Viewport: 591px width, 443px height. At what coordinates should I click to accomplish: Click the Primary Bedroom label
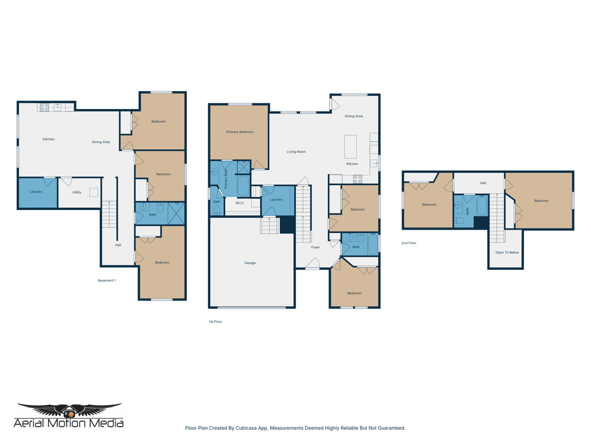click(x=240, y=132)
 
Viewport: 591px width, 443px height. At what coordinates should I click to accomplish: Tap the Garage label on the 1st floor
click(x=250, y=263)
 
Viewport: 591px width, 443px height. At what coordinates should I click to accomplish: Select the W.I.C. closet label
click(x=240, y=203)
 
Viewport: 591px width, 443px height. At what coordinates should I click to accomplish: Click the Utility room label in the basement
click(x=77, y=192)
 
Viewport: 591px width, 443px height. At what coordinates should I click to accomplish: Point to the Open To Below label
click(x=507, y=253)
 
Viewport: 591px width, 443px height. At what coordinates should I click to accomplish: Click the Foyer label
click(x=315, y=247)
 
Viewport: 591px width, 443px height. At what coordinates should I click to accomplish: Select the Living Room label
click(x=296, y=152)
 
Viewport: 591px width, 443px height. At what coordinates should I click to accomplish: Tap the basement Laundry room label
click(x=36, y=192)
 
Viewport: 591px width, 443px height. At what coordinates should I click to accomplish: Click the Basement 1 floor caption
click(x=107, y=280)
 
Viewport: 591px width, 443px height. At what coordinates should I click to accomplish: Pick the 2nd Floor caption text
click(x=409, y=243)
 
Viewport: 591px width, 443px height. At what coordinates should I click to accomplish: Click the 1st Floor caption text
click(x=215, y=321)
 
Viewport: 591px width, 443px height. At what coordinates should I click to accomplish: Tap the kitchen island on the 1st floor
click(x=350, y=147)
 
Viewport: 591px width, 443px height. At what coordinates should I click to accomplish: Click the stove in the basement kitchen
click(x=44, y=107)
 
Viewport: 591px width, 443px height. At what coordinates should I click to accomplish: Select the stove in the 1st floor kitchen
click(x=357, y=179)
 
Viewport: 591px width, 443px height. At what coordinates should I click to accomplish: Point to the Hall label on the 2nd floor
click(x=483, y=183)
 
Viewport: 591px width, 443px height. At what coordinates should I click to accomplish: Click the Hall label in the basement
click(x=118, y=245)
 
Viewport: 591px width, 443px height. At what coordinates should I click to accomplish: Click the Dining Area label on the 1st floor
click(x=354, y=116)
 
